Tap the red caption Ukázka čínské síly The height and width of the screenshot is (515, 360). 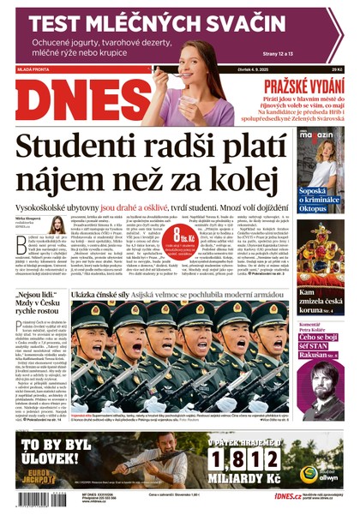point(101,294)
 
